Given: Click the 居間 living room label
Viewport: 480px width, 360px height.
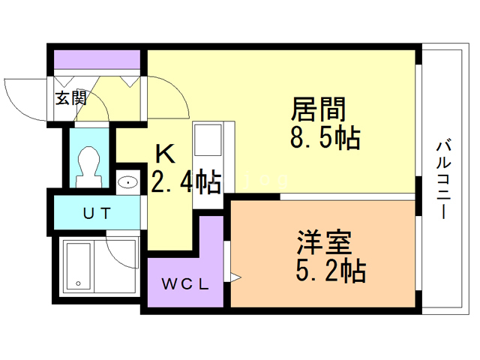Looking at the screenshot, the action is point(318,109).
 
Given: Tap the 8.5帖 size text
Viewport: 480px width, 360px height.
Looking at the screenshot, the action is point(325,137).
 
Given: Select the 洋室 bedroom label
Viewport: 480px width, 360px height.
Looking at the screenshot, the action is point(324,242).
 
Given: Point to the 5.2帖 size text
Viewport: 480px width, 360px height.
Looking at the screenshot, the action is point(331,271).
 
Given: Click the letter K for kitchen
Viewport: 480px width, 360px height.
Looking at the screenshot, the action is point(165,154).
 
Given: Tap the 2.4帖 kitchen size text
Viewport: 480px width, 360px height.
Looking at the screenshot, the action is point(187,181).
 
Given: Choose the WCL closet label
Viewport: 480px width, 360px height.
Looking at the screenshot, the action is point(185,284).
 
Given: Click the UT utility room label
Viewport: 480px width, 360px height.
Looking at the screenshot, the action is point(97,213).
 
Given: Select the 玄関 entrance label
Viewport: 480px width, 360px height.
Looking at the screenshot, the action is point(71,98).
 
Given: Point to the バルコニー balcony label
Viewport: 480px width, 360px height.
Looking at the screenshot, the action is point(443,179).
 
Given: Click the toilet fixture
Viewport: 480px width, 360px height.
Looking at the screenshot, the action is point(89,166).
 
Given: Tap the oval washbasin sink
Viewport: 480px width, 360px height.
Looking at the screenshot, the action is point(128,182).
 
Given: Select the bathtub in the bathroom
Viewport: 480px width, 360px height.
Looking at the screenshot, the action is point(78,265).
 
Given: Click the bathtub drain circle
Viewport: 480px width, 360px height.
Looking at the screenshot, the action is point(78,283).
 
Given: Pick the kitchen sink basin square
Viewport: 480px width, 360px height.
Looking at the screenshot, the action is point(208,140).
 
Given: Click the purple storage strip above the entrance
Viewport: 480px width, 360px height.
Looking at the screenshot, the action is point(97,60).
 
